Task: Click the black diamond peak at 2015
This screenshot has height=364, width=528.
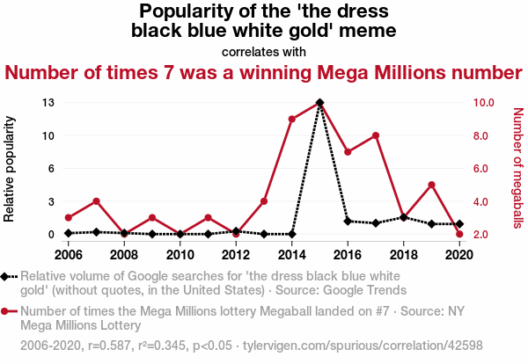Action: [319, 103]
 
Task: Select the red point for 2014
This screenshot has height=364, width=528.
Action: [291, 119]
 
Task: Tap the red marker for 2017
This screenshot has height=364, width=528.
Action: [376, 135]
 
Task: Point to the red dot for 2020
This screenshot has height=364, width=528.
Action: [459, 234]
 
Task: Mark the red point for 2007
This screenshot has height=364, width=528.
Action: [96, 201]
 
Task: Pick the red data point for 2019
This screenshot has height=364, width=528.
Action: [431, 185]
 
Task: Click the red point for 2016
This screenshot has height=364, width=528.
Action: [348, 152]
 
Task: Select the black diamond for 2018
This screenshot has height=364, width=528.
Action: [403, 217]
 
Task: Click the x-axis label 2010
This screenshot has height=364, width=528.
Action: [180, 255]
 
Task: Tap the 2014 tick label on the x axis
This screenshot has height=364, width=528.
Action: [291, 255]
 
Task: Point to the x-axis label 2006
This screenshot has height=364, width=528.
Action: [68, 255]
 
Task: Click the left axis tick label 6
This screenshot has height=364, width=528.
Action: [52, 169]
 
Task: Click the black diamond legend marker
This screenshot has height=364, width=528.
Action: [9, 275]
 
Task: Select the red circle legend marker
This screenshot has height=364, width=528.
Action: [9, 311]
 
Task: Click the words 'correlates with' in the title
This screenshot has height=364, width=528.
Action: [264, 52]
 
